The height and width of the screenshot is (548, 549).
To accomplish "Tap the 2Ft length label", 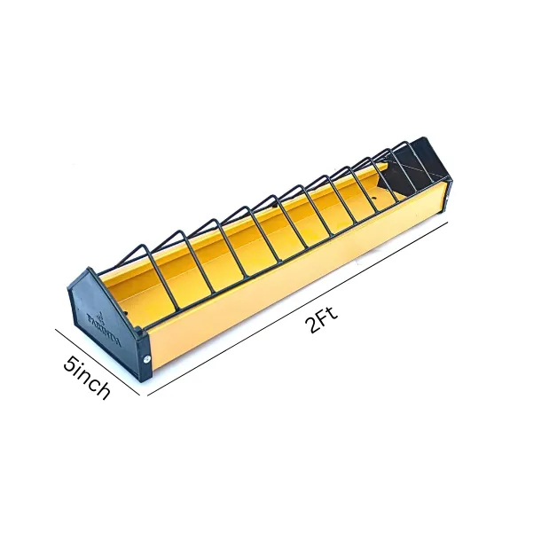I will click(x=322, y=318).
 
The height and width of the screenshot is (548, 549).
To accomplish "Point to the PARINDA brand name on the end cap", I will click(x=104, y=323).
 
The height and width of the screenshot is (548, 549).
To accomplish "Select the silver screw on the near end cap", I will click(x=148, y=359).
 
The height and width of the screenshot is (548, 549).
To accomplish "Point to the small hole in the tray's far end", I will click(x=380, y=189).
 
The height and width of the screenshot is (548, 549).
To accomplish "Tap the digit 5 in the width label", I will click(x=68, y=363).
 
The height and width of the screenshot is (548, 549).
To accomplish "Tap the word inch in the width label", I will click(x=92, y=382).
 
